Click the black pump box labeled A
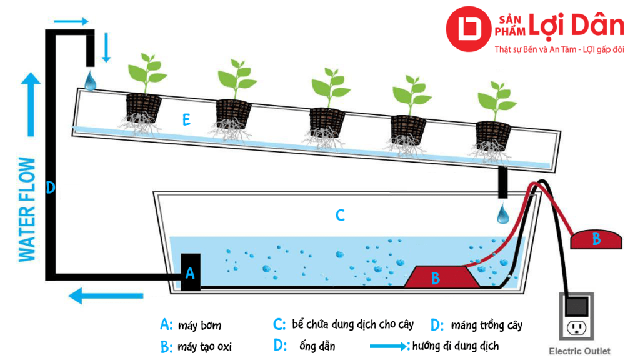point(191,272)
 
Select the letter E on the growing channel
point(186,121)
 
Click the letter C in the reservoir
point(340,216)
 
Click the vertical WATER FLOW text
point(27,210)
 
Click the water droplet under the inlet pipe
point(91,81)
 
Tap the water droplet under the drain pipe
point(502,215)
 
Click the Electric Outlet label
point(579,351)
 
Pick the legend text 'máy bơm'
point(199,326)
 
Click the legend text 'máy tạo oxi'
point(204,347)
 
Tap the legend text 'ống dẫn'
point(318,346)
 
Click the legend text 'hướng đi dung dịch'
point(455,346)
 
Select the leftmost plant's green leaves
point(147,72)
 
